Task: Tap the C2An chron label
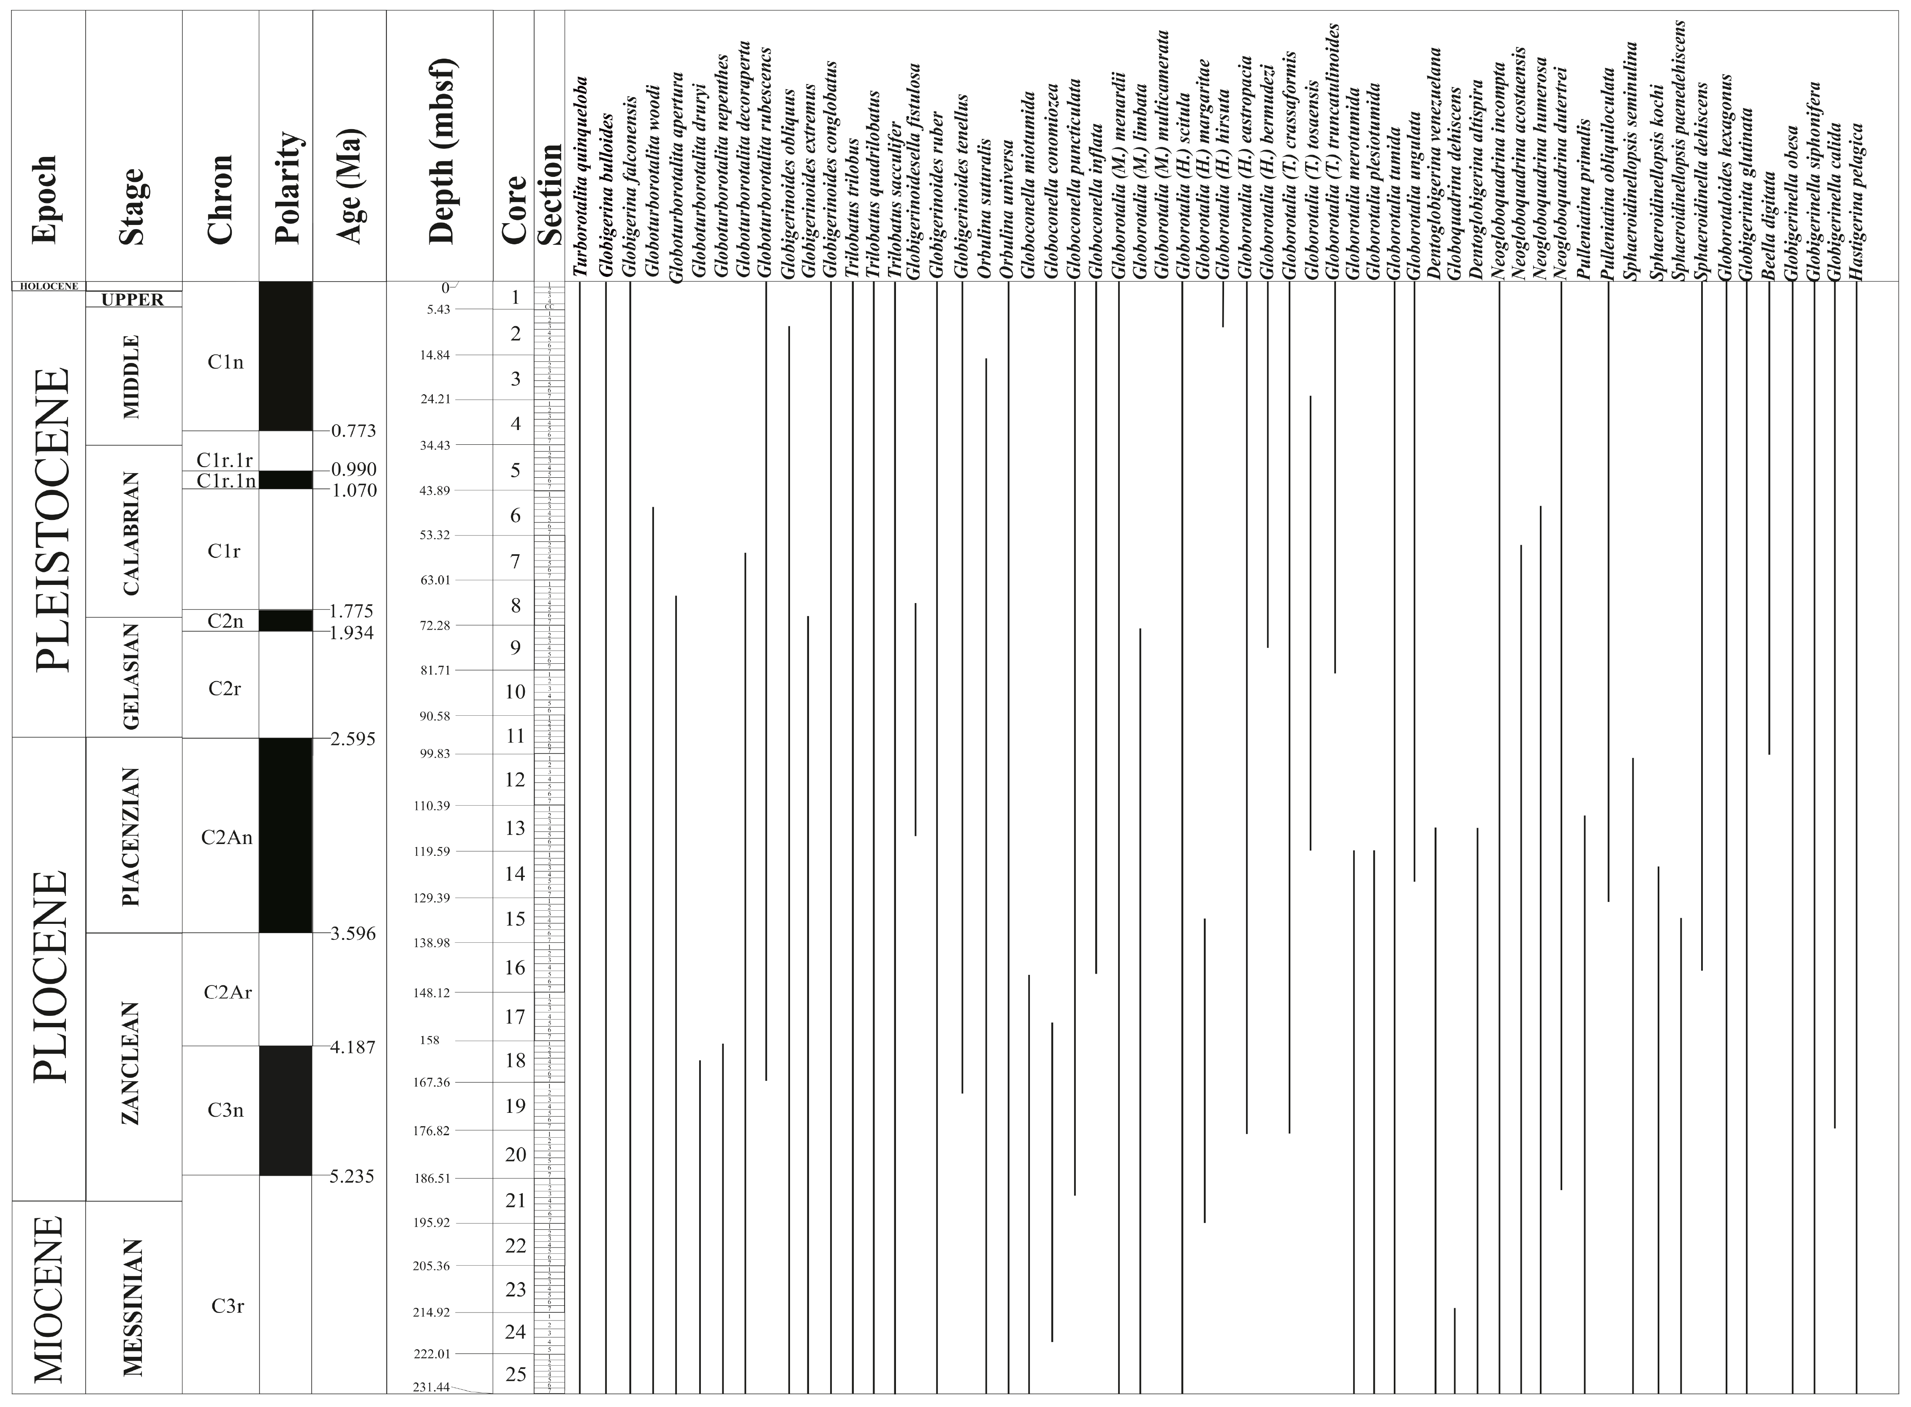(x=227, y=837)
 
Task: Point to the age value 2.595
(x=353, y=739)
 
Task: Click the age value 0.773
(x=353, y=431)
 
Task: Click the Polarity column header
(x=286, y=187)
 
